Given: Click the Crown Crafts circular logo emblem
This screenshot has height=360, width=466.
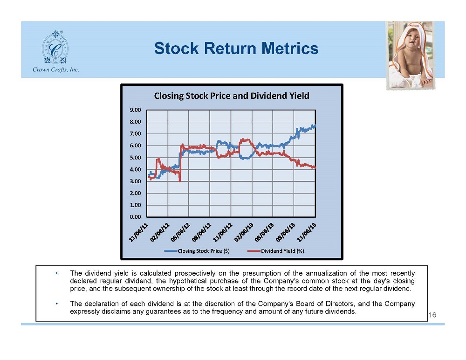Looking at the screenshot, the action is (55, 47).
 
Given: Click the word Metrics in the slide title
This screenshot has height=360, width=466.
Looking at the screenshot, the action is (290, 48).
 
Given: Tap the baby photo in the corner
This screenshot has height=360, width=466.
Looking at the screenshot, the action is (411, 55).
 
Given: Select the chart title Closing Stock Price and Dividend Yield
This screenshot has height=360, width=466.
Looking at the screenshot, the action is (232, 96).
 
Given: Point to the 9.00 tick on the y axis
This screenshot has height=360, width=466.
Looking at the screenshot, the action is (135, 110).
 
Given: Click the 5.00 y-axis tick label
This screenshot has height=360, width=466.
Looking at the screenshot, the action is (135, 158).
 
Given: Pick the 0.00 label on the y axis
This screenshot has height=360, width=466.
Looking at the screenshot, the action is (135, 217).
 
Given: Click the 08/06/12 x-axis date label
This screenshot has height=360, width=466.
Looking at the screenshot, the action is (201, 232).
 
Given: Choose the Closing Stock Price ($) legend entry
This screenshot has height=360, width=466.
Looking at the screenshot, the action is (197, 251).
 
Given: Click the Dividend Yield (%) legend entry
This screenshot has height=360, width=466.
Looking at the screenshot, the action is (275, 251).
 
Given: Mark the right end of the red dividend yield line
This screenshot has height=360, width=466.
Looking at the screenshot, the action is (315, 168).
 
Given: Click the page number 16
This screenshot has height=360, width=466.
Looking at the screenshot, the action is (432, 315).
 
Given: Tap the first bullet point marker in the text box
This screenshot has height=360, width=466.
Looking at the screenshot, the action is (56, 273).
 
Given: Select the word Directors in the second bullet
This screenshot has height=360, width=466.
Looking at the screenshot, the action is (340, 304).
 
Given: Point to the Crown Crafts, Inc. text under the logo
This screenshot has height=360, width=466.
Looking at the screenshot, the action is (55, 69).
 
